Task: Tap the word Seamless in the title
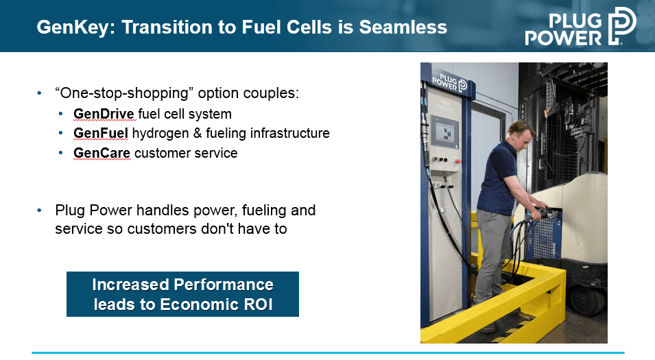point(403,27)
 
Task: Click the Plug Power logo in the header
point(581,26)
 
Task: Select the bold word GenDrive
point(104,114)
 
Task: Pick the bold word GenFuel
point(101,133)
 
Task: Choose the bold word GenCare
point(102,153)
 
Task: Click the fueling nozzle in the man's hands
point(543,213)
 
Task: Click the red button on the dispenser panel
point(458,160)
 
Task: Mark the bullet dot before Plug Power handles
point(39,210)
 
